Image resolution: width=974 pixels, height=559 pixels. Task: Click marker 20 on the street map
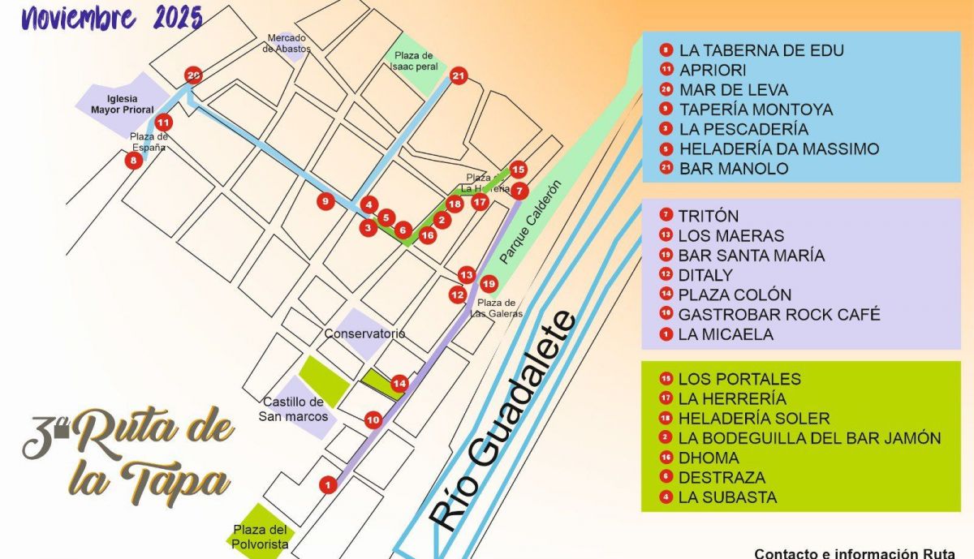193,76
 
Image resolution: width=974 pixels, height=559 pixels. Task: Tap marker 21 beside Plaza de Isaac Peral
459,76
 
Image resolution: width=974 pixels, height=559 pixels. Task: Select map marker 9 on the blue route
325,202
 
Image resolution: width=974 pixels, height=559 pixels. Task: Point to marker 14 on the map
399,383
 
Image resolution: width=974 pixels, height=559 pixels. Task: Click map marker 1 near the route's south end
327,485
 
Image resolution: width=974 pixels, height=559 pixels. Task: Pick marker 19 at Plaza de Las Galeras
488,284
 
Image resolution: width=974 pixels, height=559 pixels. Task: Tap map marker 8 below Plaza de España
133,161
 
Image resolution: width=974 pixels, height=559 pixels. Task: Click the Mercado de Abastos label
287,44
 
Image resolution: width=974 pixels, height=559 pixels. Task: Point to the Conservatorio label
364,333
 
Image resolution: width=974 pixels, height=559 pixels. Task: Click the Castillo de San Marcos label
293,409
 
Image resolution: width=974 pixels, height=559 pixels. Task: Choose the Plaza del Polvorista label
261,537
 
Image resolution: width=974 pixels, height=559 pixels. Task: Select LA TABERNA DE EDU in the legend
761,50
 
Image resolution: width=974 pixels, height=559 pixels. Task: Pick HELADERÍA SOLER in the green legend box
754,419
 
